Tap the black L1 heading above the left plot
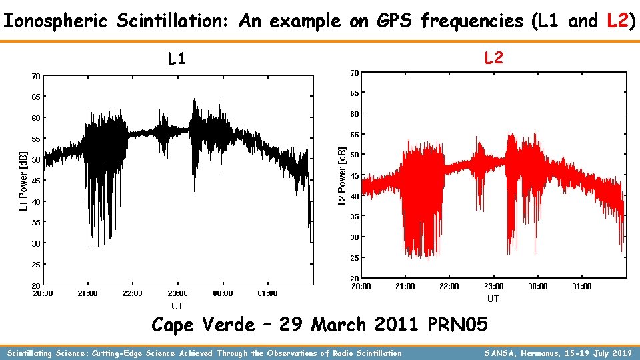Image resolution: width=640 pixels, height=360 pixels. click(x=177, y=59)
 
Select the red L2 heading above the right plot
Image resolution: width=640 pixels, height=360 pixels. click(x=493, y=58)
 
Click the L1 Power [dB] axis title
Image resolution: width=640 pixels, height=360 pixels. click(x=23, y=179)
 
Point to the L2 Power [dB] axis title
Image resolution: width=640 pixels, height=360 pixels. click(x=342, y=175)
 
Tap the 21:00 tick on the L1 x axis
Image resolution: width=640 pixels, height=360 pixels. click(x=87, y=293)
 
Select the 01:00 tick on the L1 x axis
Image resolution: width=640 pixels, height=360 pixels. click(x=267, y=293)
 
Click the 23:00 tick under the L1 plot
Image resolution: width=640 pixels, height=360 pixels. click(x=177, y=293)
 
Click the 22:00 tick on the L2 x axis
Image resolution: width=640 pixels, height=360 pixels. click(x=449, y=287)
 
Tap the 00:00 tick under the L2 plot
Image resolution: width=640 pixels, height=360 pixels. click(x=538, y=287)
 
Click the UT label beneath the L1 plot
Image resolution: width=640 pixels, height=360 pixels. click(x=177, y=306)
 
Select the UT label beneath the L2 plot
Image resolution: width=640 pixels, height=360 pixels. click(x=493, y=299)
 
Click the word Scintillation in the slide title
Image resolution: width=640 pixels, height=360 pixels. click(x=171, y=21)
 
